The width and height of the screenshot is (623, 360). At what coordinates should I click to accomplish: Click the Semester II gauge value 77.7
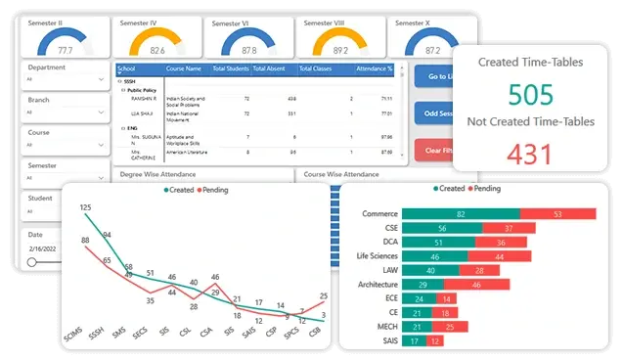tap(66, 49)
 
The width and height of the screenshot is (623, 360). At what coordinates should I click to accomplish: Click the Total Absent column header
tap(272, 69)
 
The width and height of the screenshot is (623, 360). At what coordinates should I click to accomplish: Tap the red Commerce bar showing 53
tap(556, 213)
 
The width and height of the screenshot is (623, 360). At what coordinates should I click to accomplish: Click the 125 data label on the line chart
tap(85, 207)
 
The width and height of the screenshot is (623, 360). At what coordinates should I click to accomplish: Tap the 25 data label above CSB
tap(324, 296)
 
